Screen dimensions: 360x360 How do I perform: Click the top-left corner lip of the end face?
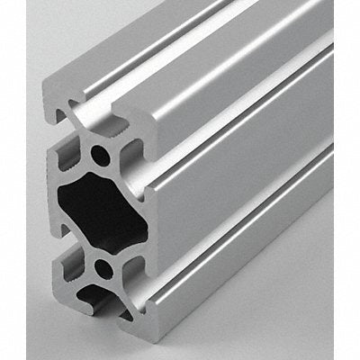click(x=54, y=94)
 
